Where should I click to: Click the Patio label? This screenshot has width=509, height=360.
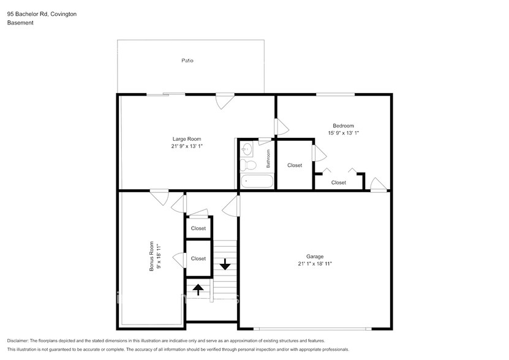click(187, 61)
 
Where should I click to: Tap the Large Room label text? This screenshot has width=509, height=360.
click(186, 138)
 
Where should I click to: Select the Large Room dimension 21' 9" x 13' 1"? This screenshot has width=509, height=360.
click(186, 146)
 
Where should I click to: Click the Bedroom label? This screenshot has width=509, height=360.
click(343, 126)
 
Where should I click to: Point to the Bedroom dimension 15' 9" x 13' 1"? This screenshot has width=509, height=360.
click(343, 133)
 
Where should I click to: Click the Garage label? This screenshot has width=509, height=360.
click(315, 256)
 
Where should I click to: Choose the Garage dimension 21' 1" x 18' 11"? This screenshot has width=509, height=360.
click(315, 264)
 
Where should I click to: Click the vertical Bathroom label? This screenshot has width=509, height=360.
click(268, 159)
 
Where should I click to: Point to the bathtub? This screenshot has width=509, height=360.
click(256, 181)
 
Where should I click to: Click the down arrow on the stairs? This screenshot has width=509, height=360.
click(225, 264)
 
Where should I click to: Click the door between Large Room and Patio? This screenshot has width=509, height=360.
click(224, 100)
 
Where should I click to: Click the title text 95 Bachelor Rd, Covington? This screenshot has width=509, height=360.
click(42, 13)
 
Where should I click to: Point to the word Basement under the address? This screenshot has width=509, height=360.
click(20, 23)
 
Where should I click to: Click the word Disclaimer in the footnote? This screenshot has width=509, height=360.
click(21, 340)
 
